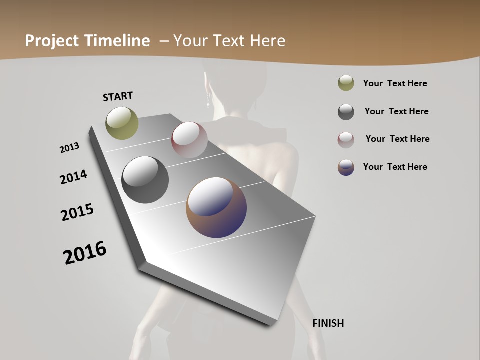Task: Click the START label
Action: click(118, 96)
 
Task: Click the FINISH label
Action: click(328, 323)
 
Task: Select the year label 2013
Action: click(70, 148)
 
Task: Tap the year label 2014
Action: click(73, 177)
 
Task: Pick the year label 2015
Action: click(77, 212)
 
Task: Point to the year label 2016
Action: click(85, 253)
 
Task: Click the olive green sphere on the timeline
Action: click(122, 123)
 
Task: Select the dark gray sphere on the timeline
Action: click(145, 180)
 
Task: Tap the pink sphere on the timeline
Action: click(189, 140)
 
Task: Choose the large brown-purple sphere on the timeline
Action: click(216, 207)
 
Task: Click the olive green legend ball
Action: click(346, 83)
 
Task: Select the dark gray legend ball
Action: click(346, 112)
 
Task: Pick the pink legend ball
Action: click(346, 140)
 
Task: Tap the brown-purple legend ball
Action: click(346, 167)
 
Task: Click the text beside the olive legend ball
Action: click(395, 83)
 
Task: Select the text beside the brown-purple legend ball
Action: click(395, 167)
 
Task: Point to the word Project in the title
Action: click(51, 41)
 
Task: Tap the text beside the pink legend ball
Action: click(397, 139)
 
